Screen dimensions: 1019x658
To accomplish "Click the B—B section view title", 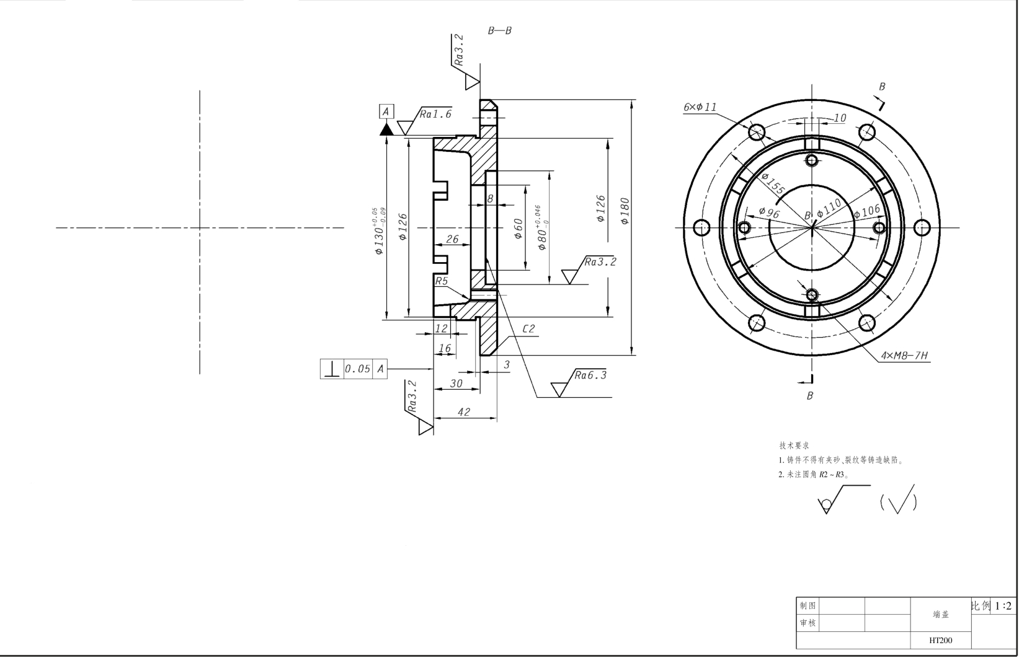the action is click(499, 30).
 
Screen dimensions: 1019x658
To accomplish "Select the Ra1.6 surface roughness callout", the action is click(435, 114).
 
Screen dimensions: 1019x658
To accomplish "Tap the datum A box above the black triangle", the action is click(386, 112).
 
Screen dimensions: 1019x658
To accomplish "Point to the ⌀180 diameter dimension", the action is click(625, 211).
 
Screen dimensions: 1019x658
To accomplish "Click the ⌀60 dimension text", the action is click(518, 229).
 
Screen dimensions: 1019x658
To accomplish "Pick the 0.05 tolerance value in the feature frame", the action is click(358, 369).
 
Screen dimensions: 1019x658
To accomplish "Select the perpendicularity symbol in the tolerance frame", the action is click(332, 369).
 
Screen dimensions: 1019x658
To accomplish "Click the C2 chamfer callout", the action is click(528, 328).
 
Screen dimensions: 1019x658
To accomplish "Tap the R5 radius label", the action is click(441, 281).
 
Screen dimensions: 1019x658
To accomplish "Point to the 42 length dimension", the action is click(463, 411).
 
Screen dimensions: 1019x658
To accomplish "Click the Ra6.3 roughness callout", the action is click(590, 375).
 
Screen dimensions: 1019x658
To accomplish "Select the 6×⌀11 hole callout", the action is click(700, 107).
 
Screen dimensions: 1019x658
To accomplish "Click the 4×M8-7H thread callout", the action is click(904, 356).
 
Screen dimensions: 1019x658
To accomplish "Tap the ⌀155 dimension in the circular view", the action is click(773, 183).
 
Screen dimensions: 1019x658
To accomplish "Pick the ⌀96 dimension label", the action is click(769, 213).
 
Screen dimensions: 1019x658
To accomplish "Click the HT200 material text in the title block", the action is click(941, 640).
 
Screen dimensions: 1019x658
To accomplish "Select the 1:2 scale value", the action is click(1003, 606).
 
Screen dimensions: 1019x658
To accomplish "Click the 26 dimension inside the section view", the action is click(452, 239).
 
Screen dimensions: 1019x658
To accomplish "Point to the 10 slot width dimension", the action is click(840, 118).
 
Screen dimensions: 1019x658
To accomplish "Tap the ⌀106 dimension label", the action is click(867, 211).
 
